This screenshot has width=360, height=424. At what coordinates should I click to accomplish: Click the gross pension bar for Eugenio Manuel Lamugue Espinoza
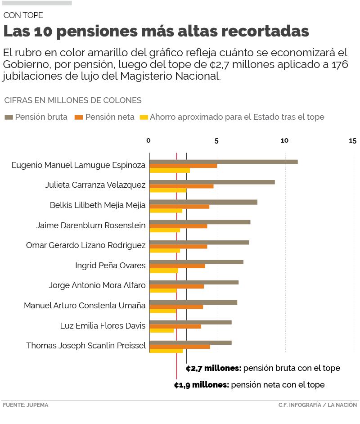coord(223,162)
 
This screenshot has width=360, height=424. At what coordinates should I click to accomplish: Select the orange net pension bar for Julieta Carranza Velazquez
coord(181,186)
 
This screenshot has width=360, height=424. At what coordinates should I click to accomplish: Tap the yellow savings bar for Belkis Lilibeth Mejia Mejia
coord(166,210)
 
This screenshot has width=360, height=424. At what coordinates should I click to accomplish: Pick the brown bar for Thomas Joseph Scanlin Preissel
coord(190,343)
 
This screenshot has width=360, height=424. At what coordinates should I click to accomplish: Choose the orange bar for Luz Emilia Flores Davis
coord(175,326)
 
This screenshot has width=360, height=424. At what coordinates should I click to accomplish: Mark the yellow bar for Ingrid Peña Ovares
coord(163,271)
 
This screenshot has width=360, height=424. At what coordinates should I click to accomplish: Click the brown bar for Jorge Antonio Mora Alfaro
coord(193,282)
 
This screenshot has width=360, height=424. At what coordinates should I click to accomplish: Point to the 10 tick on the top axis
coord(284,141)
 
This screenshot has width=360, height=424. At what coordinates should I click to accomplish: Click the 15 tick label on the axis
coord(352,141)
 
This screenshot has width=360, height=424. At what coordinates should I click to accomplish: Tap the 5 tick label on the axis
coord(216,141)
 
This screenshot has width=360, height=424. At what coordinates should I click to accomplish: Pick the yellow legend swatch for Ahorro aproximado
coord(144,117)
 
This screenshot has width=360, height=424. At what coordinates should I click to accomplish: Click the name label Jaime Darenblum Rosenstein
coord(91,226)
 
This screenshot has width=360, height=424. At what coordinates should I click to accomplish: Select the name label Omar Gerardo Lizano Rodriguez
coord(86,245)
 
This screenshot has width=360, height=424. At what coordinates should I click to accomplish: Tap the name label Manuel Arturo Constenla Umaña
coord(85,306)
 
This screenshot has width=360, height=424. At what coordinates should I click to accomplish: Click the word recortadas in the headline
coord(265,32)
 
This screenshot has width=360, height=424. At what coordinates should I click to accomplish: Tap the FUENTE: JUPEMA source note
coord(26,405)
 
